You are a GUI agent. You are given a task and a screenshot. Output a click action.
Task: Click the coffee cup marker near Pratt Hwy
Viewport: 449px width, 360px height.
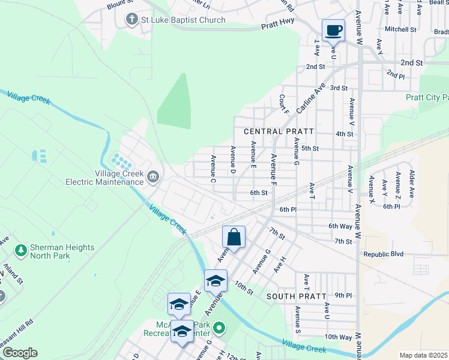tap(333, 30)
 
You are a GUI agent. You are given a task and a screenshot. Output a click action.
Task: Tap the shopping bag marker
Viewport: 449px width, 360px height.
tap(234, 237)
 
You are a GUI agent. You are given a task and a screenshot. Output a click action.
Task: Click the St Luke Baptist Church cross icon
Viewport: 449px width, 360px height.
tap(131, 20)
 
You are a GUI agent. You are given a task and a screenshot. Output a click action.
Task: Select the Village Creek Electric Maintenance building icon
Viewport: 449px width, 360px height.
tap(152, 177)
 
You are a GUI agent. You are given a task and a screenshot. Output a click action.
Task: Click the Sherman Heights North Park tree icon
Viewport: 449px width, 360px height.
tap(20, 248)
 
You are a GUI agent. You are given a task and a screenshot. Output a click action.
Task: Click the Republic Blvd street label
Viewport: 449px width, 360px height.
tap(385, 254)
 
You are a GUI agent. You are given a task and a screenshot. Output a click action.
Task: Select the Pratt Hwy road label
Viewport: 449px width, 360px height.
tap(279, 26)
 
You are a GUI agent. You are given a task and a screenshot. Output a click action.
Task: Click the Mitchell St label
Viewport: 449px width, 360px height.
tap(400, 29)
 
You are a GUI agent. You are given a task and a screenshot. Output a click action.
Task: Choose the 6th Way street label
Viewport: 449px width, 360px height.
tap(340, 226)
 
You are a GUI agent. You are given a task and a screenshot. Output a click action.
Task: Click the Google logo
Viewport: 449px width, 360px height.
tap(20, 353)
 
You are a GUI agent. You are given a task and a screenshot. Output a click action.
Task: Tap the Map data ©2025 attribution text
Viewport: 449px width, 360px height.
tap(423, 355)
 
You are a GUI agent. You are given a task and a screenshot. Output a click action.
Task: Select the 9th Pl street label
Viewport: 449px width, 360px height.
tap(343, 295)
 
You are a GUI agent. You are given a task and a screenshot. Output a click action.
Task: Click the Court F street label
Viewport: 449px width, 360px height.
tap(284, 104)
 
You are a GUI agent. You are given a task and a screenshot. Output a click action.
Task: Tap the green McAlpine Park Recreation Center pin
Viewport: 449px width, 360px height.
tap(219, 328)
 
